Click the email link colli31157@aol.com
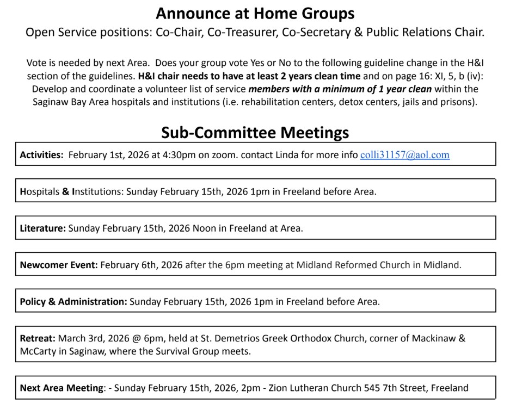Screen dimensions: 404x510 coord(405,155)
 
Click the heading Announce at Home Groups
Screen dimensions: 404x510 coord(255,13)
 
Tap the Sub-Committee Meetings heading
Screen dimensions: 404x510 coord(255,132)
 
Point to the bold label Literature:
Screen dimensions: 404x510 coord(43,228)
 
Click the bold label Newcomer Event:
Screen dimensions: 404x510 coord(58,265)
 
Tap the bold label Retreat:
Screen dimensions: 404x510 coord(36,338)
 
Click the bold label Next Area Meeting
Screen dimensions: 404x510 coord(62,388)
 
